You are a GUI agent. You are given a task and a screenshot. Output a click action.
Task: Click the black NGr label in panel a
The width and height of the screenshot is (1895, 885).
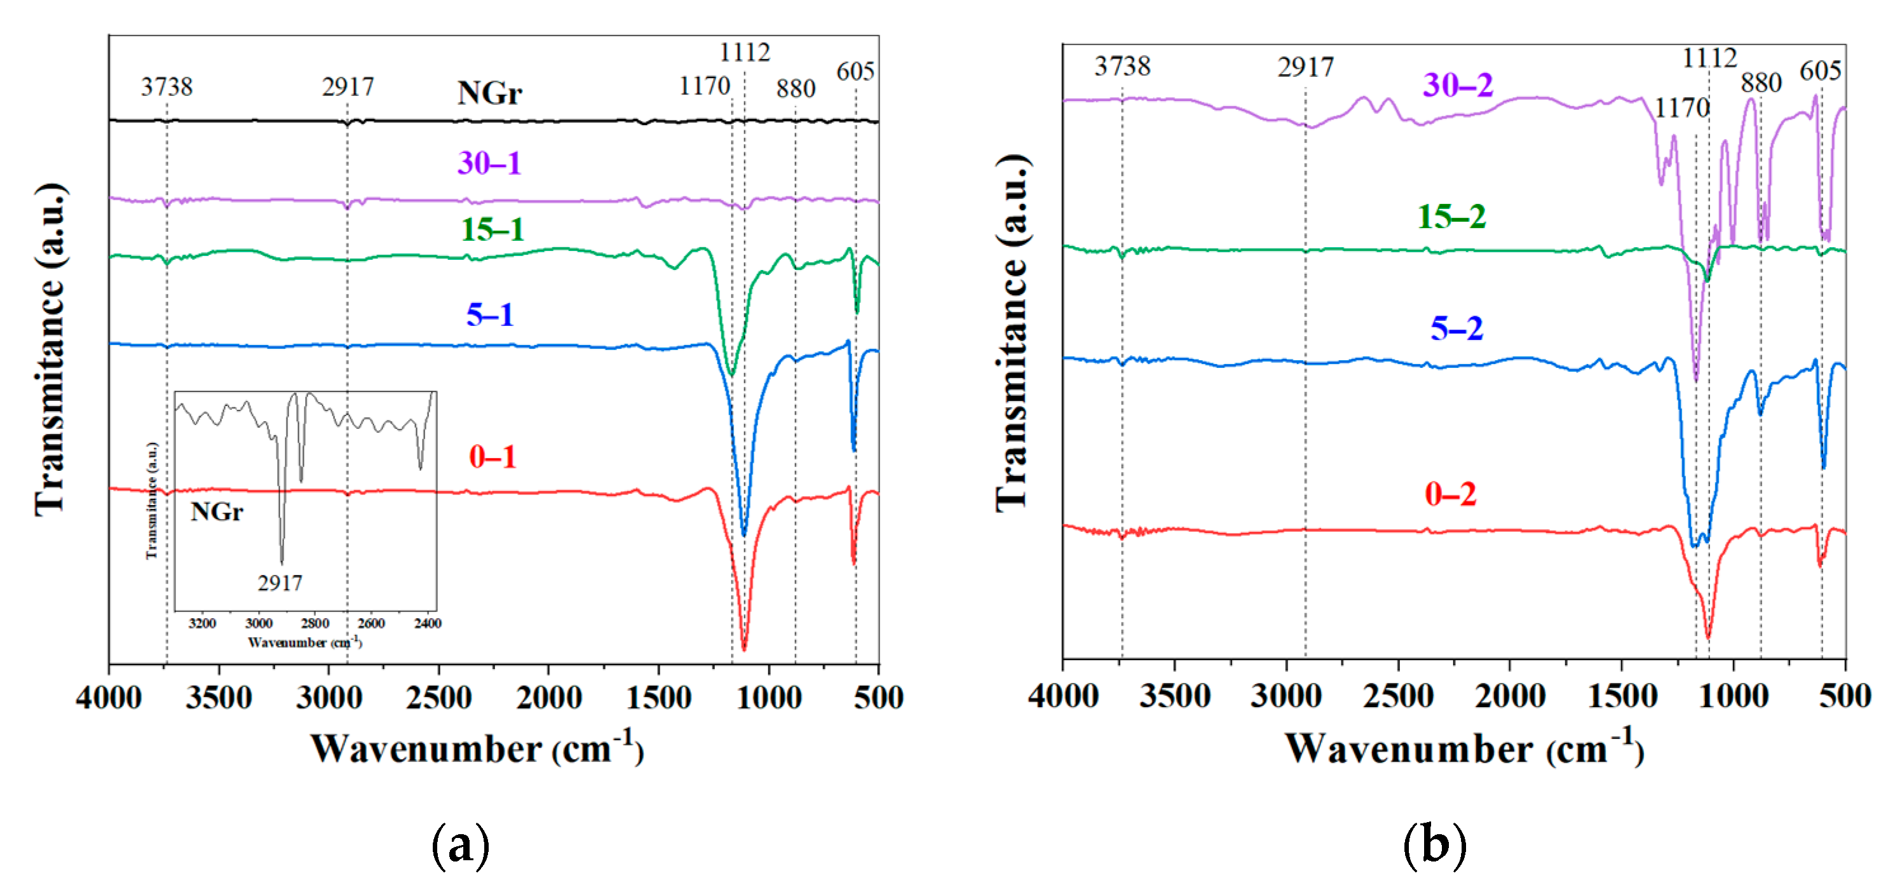coord(489,93)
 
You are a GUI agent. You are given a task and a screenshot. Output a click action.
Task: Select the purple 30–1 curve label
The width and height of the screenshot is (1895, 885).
coord(489,163)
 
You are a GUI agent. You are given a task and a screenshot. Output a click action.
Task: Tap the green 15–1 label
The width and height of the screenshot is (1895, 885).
coord(492,229)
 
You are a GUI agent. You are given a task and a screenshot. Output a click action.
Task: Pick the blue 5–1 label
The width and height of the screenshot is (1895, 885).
coord(490,315)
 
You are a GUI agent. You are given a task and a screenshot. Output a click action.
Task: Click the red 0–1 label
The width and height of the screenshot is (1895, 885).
coord(492,457)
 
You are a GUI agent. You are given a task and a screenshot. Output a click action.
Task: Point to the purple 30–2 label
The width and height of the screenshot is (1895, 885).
coord(1457,84)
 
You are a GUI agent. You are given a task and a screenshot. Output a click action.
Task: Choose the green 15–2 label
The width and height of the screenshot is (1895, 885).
coord(1451,216)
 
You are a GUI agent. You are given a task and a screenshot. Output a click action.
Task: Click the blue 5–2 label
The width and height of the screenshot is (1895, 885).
coord(1457,327)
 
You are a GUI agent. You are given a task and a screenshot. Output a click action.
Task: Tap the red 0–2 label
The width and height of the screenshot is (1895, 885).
coord(1450,494)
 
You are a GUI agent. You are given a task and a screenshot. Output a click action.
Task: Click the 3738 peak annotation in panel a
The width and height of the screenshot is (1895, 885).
coord(167,87)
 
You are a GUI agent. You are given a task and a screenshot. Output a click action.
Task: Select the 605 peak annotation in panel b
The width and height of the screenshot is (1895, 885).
coord(1820,71)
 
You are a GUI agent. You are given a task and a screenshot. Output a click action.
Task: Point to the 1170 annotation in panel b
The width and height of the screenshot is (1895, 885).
coord(1681,108)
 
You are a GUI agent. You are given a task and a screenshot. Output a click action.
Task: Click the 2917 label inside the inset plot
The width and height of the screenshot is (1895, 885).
coord(280,583)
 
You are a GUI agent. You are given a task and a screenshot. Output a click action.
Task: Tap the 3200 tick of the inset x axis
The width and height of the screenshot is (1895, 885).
coord(202,623)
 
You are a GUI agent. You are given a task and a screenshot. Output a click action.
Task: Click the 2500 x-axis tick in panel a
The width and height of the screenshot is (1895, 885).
coord(438,697)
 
